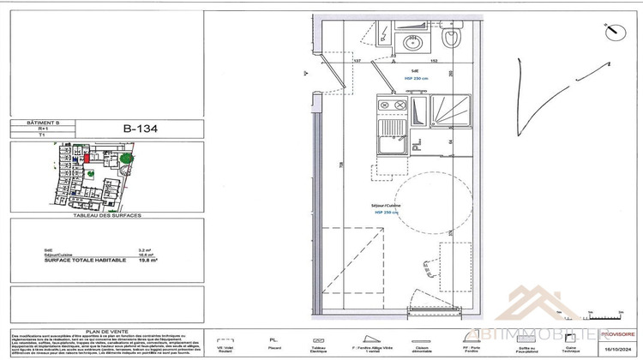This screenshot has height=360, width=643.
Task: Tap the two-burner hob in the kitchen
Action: pyautogui.click(x=392, y=105)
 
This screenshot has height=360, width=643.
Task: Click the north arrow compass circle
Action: pyautogui.click(x=612, y=33)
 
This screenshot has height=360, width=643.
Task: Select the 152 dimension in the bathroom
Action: pyautogui.click(x=434, y=61)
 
